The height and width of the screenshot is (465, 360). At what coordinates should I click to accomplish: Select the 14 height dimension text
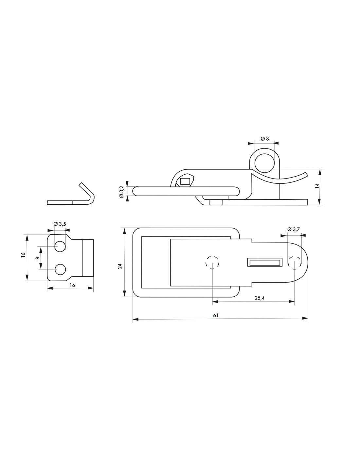pyautogui.click(x=316, y=186)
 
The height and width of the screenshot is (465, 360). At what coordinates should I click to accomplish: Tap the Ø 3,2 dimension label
pyautogui.click(x=121, y=191)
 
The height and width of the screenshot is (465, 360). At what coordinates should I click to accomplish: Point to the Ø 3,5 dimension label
pyautogui.click(x=60, y=224)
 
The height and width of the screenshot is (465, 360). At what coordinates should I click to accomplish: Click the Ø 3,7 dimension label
pyautogui.click(x=294, y=230)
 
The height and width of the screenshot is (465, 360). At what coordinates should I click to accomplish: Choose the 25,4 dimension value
pyautogui.click(x=260, y=298)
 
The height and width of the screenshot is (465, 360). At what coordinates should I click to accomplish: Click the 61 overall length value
pyautogui.click(x=216, y=315)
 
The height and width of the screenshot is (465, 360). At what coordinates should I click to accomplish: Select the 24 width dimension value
pyautogui.click(x=120, y=266)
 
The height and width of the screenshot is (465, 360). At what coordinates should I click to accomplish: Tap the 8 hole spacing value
pyautogui.click(x=38, y=258)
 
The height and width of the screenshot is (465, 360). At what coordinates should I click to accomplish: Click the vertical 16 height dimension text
pyautogui.click(x=23, y=255)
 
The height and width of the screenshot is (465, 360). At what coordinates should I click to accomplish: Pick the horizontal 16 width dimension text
pyautogui.click(x=72, y=285)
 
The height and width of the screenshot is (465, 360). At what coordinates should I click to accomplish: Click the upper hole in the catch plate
pyautogui.click(x=60, y=247)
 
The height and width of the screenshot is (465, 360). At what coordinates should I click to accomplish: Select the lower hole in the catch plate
pyautogui.click(x=60, y=269)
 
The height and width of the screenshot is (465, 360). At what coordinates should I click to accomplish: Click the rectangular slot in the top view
pyautogui.click(x=265, y=262)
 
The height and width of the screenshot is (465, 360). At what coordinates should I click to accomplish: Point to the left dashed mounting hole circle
pyautogui.click(x=212, y=262)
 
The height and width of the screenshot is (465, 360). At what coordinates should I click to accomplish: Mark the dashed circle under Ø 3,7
pyautogui.click(x=294, y=262)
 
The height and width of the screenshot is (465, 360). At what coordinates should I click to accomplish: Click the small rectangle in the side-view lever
pyautogui.click(x=185, y=181)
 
